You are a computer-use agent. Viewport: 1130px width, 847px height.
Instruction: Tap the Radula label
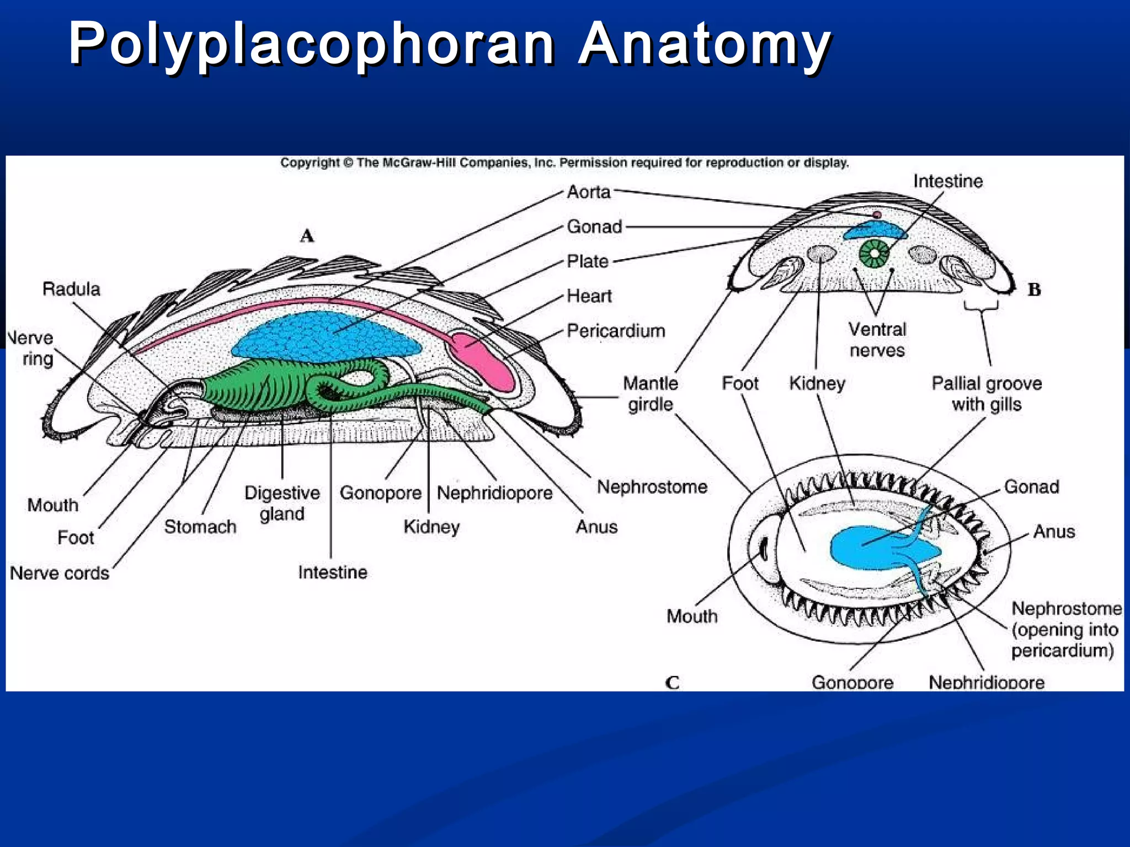click(71, 289)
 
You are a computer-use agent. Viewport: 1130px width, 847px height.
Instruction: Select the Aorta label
click(589, 192)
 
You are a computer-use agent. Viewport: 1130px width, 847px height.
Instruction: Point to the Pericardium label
click(616, 331)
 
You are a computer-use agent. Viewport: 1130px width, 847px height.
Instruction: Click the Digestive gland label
click(282, 503)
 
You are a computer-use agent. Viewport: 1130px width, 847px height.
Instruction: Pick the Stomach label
click(200, 527)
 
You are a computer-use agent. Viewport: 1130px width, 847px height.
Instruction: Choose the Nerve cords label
click(60, 573)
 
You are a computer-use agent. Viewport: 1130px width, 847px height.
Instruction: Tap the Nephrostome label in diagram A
click(652, 487)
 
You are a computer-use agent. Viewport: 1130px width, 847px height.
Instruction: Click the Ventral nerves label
click(877, 340)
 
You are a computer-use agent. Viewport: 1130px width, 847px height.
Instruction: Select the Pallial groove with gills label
click(987, 394)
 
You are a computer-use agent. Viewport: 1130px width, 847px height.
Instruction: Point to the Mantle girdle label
click(651, 394)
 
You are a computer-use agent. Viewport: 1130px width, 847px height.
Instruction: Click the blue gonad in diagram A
click(326, 336)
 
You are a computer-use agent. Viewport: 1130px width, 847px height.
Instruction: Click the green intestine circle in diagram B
click(875, 254)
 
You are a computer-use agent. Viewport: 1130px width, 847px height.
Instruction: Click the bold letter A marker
click(307, 236)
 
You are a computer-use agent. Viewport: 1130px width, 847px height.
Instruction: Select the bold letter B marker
click(1034, 290)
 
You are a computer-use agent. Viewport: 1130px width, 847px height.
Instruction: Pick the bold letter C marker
click(672, 683)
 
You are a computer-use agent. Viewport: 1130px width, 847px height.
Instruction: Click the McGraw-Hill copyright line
click(564, 163)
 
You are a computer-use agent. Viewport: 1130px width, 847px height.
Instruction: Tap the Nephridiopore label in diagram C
click(986, 682)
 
